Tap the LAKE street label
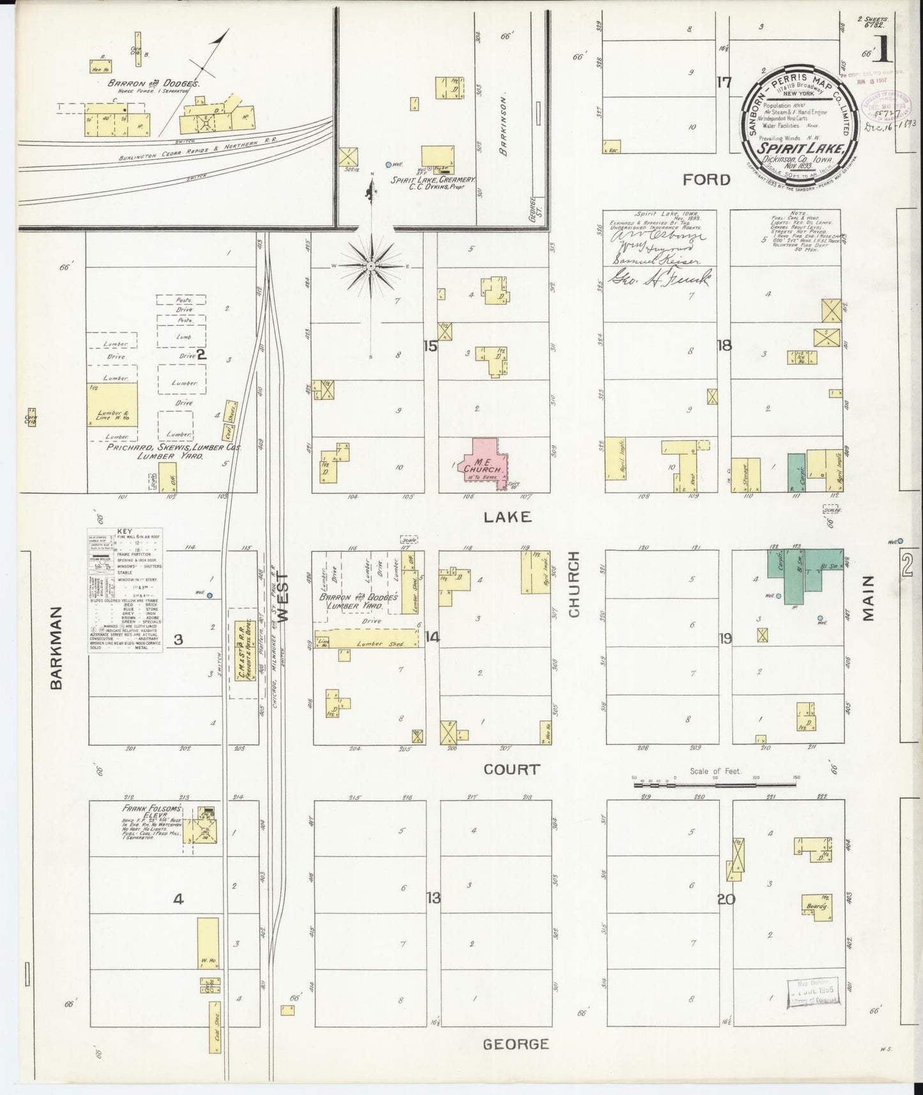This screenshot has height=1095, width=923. coord(507,517)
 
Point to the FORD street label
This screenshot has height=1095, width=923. coord(706,180)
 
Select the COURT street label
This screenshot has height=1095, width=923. coord(512,770)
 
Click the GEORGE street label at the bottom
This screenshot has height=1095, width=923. coord(515,1044)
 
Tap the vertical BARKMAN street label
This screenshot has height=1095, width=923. coord(57,647)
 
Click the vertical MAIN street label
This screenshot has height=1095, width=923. coord(867,598)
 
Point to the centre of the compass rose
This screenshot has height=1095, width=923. coord(370,265)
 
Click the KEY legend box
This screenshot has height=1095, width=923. coord(125,590)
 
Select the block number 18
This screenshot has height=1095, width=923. coord(724,346)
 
